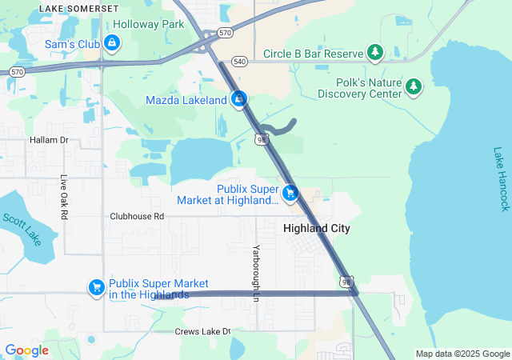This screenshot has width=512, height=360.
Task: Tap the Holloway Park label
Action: (149, 25)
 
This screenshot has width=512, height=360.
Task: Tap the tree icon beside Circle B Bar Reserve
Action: (375, 54)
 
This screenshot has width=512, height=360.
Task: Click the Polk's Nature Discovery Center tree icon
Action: (414, 86)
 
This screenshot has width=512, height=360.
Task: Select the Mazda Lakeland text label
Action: (186, 101)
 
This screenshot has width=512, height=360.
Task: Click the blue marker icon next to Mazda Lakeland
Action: (238, 100)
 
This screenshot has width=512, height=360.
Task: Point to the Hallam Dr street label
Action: (50, 140)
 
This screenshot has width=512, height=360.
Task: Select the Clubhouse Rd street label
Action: (137, 216)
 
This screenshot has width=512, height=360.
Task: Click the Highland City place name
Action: (317, 228)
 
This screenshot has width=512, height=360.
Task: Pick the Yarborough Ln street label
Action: (257, 273)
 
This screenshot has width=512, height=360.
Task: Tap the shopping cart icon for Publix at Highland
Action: (290, 193)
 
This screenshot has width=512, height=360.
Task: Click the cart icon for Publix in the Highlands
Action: (97, 286)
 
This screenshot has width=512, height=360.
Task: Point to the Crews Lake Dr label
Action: (203, 331)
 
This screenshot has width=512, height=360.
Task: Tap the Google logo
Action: (26, 350)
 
